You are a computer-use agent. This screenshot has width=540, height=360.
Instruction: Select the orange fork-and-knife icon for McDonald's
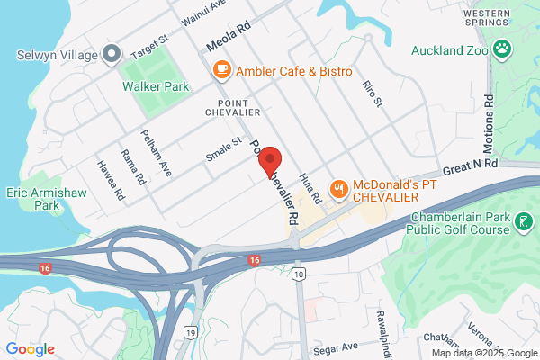click(338, 188)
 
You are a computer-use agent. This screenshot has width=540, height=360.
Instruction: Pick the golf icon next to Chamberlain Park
click(523, 220)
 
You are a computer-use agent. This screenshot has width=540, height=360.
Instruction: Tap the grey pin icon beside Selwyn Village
click(112, 55)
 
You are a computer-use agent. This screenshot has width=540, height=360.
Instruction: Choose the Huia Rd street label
click(311, 188)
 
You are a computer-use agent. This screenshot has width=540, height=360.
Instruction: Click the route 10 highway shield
click(299, 274)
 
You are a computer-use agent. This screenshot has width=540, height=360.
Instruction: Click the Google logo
click(30, 349)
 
